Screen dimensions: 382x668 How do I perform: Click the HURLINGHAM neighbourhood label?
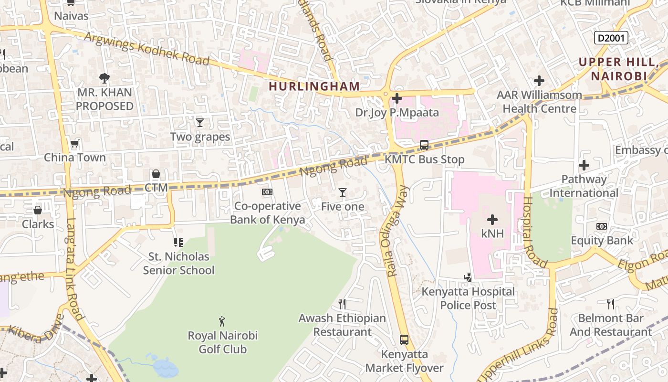[314, 86]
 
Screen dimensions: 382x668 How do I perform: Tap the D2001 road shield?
[611, 38]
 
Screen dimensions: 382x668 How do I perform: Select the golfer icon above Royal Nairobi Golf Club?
[222, 321]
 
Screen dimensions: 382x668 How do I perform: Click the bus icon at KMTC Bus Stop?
[424, 145]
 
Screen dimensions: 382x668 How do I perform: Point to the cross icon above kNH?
[492, 220]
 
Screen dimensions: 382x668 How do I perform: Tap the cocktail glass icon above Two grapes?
[200, 123]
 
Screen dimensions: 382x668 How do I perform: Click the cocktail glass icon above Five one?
[342, 192]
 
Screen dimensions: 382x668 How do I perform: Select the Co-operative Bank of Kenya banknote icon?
[267, 192]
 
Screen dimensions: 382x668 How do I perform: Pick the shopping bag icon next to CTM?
[156, 174]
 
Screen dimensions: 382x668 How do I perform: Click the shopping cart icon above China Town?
[74, 143]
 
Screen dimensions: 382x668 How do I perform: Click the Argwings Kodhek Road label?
[147, 49]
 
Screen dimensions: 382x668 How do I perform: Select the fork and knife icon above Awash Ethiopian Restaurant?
[342, 304]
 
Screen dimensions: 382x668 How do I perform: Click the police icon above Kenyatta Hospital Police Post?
[468, 277]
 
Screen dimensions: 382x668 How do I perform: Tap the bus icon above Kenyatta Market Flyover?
[404, 340]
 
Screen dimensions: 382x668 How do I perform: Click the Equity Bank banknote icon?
[601, 226]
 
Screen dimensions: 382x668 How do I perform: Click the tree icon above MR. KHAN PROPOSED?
[104, 78]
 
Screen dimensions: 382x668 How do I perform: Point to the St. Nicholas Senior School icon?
[178, 243]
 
